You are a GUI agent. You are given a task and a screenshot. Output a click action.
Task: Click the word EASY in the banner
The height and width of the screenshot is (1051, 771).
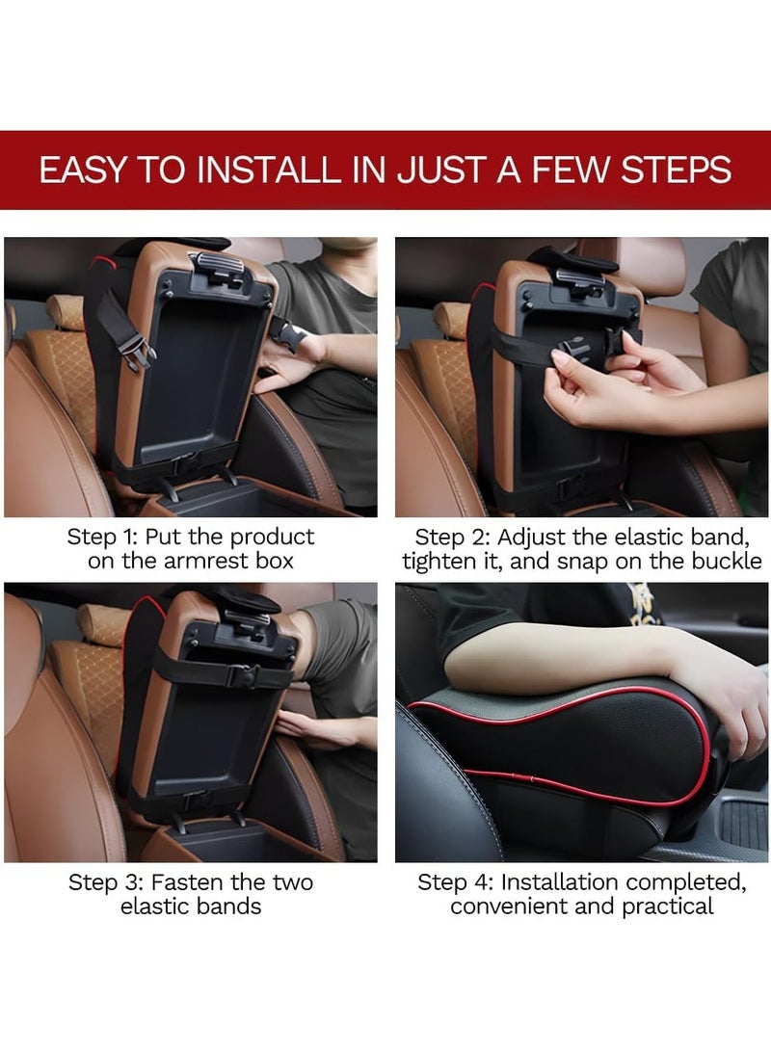click(81, 170)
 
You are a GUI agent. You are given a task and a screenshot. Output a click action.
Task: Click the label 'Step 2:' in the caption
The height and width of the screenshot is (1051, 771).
click(451, 537)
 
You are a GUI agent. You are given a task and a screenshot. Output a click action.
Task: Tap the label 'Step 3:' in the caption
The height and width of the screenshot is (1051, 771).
click(103, 882)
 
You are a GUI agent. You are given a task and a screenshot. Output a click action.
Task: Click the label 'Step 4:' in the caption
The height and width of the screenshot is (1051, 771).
click(453, 882)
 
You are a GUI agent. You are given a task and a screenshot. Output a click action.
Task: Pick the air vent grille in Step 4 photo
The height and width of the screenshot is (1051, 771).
click(743, 823)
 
